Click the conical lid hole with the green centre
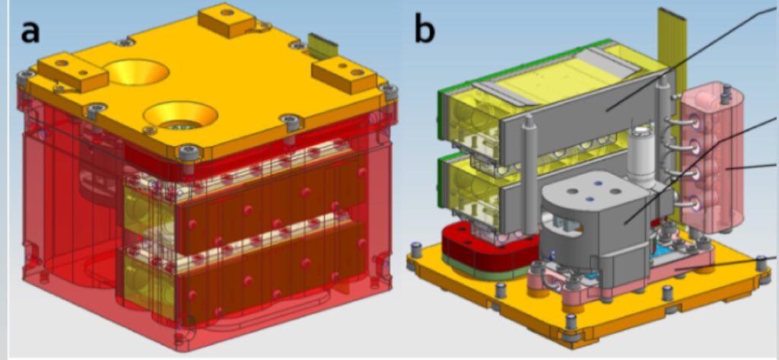180,116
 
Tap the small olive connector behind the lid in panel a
323,44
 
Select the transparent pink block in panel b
714,160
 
